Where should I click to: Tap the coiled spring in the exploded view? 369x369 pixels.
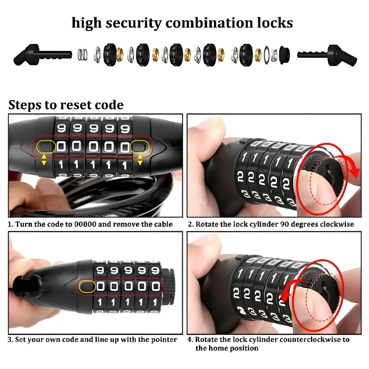[83, 54]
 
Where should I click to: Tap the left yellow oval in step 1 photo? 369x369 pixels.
[46, 147]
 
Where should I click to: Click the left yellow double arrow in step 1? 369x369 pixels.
[44, 160]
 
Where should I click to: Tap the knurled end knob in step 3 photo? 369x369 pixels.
[170, 287]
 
